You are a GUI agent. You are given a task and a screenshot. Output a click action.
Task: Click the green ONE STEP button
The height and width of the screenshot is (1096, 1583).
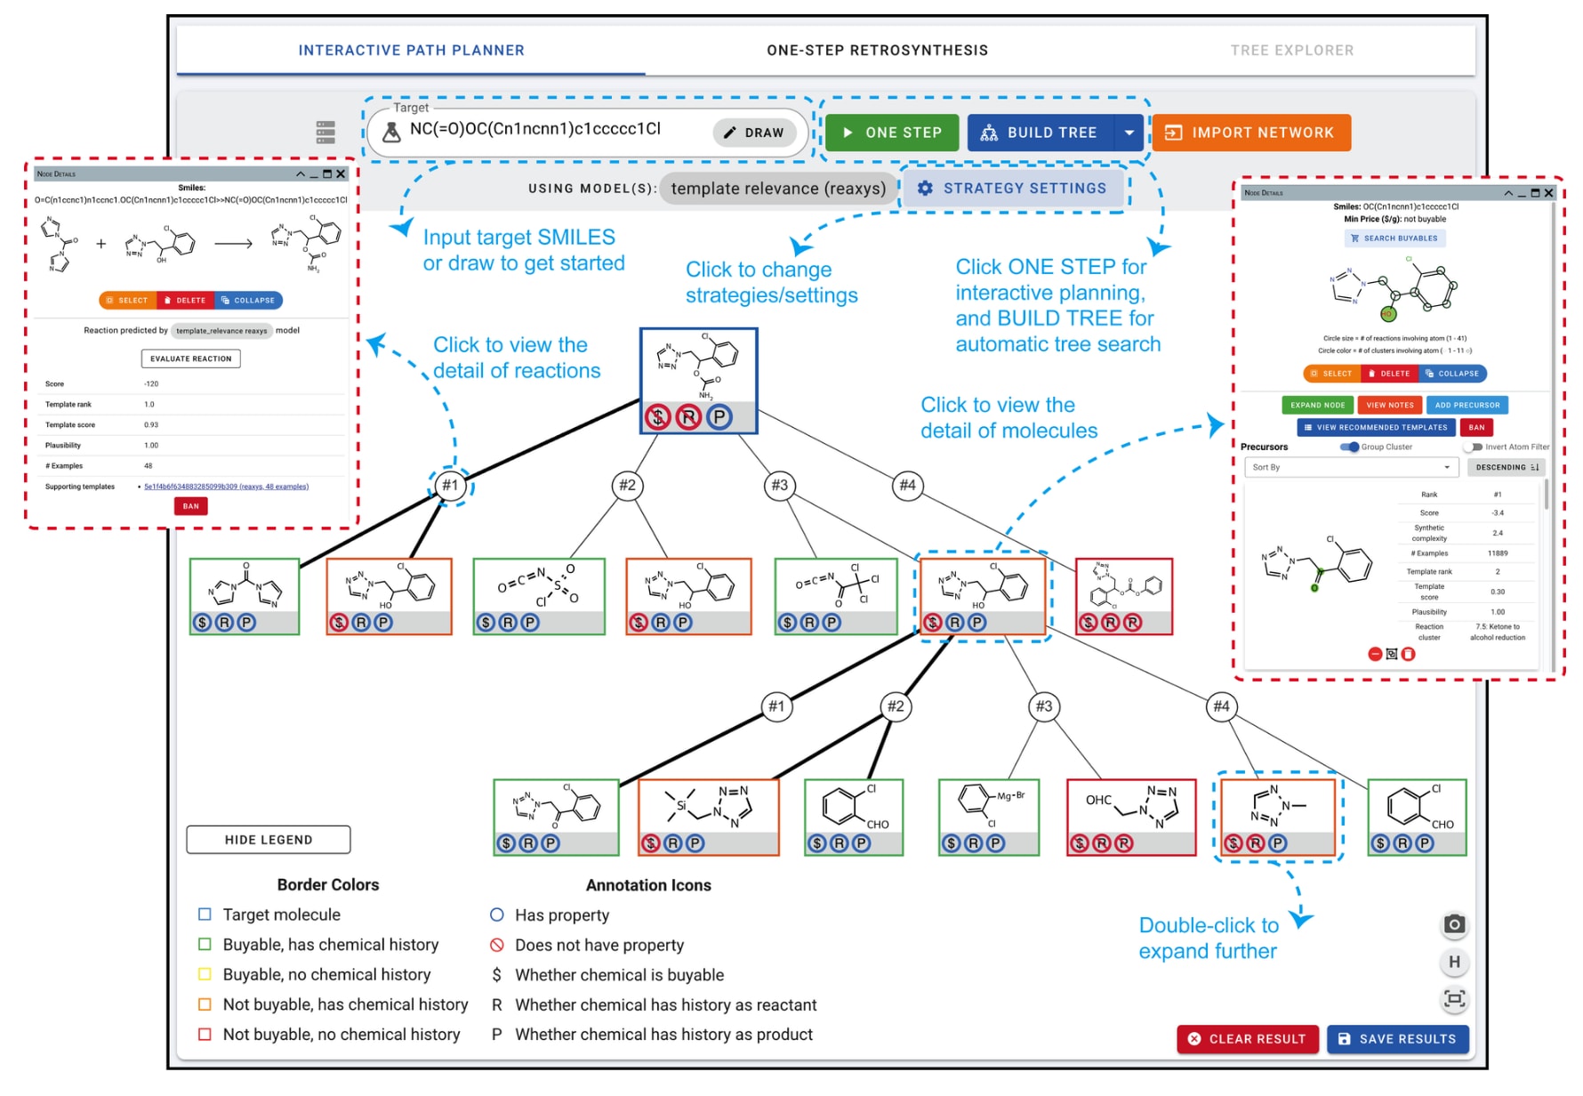coord(892,133)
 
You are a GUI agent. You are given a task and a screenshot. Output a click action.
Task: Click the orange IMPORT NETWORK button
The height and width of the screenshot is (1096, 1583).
coord(1251,133)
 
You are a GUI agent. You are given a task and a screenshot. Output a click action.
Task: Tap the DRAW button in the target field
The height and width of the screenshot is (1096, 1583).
coord(754,133)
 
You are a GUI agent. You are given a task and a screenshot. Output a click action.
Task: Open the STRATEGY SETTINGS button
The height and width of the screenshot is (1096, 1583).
coord(1013,189)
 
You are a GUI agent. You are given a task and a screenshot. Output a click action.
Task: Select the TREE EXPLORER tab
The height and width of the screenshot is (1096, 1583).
coord(1291,51)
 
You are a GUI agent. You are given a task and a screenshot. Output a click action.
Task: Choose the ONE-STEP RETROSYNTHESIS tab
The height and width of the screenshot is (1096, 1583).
coord(877,51)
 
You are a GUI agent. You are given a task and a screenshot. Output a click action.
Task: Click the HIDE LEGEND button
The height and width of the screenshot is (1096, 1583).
coord(268,840)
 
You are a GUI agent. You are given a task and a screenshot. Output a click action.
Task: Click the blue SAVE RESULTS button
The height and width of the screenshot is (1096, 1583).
coord(1397,1039)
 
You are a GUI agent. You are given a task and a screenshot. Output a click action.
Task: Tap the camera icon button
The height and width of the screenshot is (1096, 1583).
coord(1454,924)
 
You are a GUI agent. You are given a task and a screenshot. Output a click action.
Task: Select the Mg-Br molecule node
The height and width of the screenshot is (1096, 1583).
coord(989,817)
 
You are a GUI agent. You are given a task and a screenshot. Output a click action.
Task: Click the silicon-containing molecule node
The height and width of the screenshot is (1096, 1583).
coord(708,817)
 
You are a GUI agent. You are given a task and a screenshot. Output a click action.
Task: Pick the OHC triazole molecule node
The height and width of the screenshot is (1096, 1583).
coord(1131,817)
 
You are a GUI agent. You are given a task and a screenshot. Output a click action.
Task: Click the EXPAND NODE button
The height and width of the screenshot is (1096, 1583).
coord(1317,405)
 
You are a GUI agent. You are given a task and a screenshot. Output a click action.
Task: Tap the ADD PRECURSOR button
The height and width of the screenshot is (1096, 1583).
coord(1466,405)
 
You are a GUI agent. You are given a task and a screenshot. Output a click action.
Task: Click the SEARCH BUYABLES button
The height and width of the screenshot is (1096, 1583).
coord(1394,238)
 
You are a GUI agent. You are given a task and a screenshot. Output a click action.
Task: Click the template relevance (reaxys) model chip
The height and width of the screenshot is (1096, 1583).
coord(778,189)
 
